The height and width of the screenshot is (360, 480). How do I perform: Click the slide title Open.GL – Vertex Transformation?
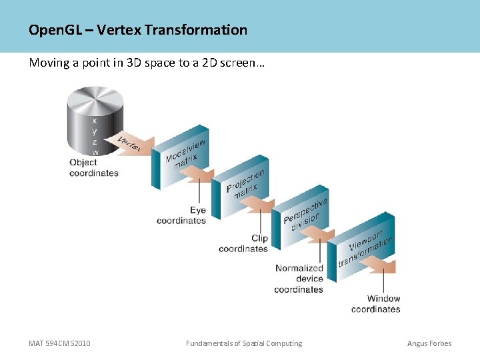click(x=138, y=30)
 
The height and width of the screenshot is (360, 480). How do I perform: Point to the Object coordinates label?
click(x=94, y=168)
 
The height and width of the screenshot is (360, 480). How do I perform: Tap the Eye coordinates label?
click(x=181, y=215)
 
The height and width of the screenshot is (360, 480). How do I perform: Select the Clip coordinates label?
click(x=243, y=243)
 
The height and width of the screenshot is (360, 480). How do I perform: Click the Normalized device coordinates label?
click(x=299, y=279)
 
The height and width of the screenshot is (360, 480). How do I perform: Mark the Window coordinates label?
click(x=376, y=304)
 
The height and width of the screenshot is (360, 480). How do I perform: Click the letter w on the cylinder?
click(x=95, y=153)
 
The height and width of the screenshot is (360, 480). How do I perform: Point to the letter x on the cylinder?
click(x=95, y=121)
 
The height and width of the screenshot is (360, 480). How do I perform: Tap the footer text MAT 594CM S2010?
click(x=59, y=343)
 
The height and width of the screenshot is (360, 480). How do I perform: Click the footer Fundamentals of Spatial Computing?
click(x=244, y=343)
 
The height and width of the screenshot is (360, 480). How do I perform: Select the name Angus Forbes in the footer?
click(x=429, y=343)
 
